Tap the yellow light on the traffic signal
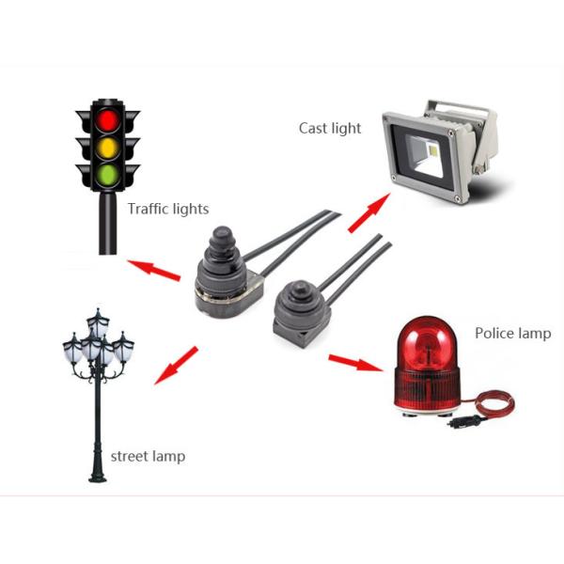coord(107,148)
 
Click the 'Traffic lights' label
coord(168,209)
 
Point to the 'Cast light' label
coord(330,128)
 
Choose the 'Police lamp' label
coord(512,333)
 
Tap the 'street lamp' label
coord(148,457)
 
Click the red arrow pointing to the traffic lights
coord(154,270)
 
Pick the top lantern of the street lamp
coord(98,320)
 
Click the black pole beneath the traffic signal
coord(104,226)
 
